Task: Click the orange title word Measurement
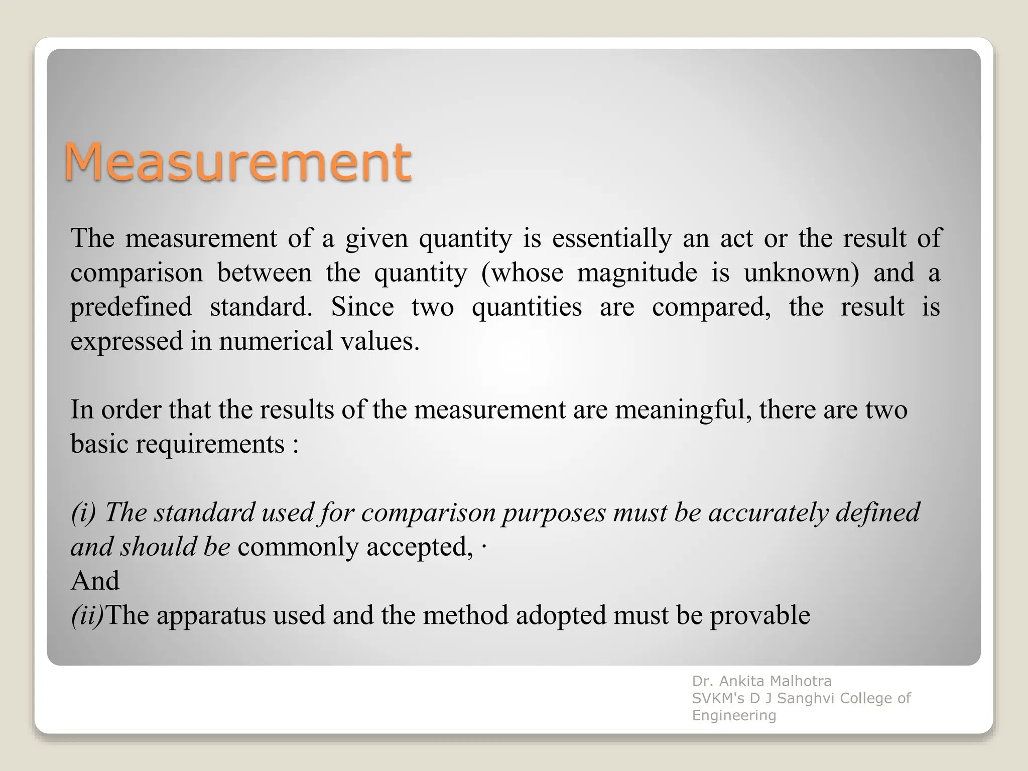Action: coord(237,162)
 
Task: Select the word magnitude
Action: coord(637,273)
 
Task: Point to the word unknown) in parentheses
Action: coord(801,273)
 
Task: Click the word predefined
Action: coord(131,307)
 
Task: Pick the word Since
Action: coord(362,307)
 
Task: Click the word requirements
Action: coord(210,444)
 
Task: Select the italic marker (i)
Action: coord(83,513)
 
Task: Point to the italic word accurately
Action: coord(768,513)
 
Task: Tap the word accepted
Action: coord(419,547)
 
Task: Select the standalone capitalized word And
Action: coord(95,581)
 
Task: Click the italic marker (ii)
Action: coord(87,615)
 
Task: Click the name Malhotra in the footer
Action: coord(800,681)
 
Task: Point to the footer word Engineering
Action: coord(734,715)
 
